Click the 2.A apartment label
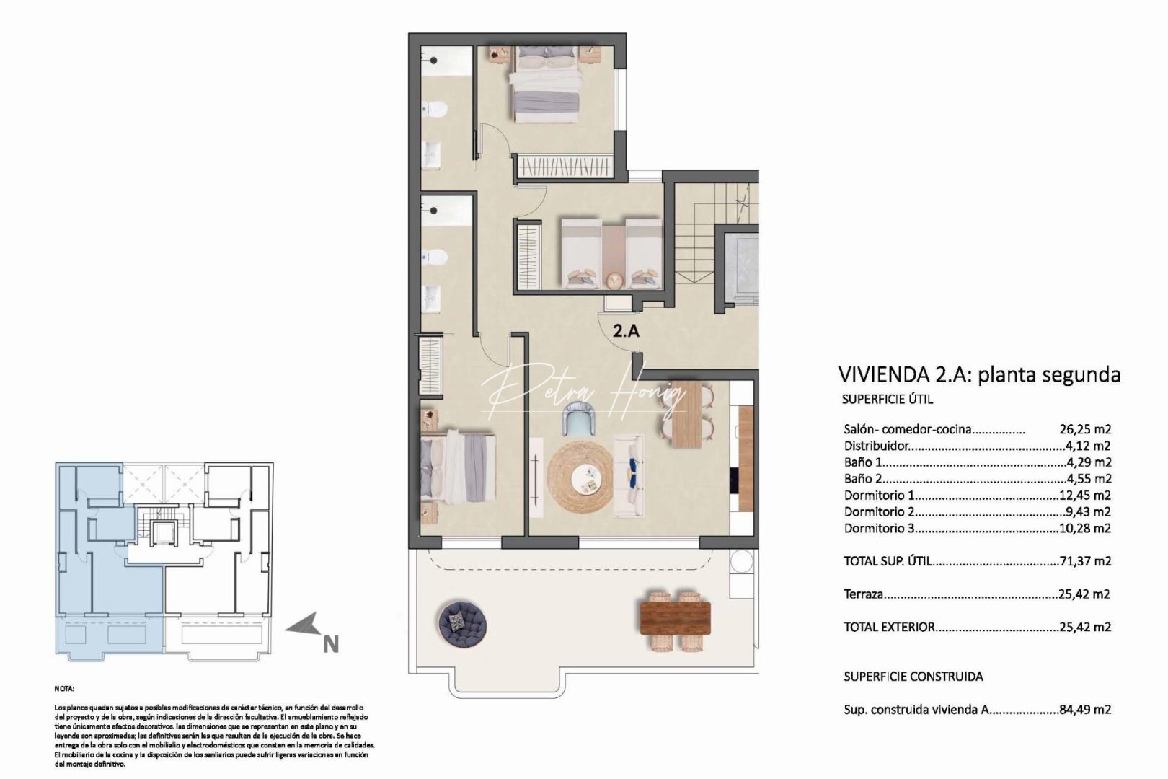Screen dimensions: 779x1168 coord(626,331)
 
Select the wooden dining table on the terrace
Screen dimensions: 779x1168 coord(676,618)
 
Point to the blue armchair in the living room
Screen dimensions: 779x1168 coord(580,420)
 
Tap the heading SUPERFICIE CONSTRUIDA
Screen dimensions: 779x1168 coord(913,677)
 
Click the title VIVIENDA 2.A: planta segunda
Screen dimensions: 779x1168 coord(979,374)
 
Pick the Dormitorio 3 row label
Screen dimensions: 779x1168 coord(879,528)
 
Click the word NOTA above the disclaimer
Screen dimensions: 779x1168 coord(64,689)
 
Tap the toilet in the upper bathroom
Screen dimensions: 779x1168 coord(434,110)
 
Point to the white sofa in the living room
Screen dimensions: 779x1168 coord(629,475)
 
